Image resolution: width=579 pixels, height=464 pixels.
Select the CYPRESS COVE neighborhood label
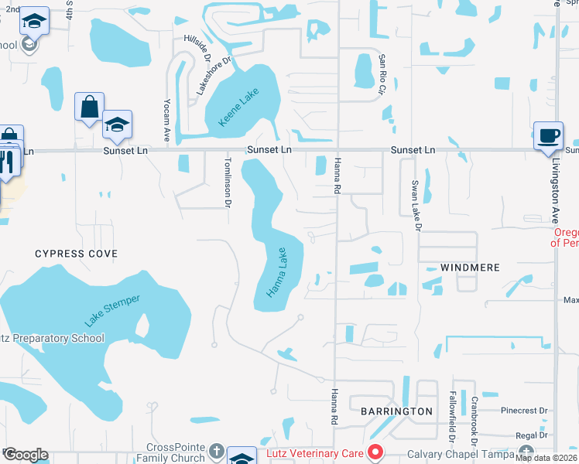(77, 254)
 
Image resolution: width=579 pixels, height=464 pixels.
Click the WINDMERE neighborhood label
(470, 268)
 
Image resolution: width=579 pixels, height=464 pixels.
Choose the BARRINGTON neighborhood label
(396, 411)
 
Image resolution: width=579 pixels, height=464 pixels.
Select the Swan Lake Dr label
(416, 206)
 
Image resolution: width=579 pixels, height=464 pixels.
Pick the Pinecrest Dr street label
(525, 411)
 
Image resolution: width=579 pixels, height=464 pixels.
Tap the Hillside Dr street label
(197, 48)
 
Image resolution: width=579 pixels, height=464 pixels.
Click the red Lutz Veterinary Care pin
(376, 452)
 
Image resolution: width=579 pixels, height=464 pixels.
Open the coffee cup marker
(549, 136)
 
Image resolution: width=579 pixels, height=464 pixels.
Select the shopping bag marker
(89, 107)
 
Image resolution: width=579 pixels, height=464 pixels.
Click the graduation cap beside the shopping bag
(117, 125)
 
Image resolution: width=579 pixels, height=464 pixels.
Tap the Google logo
(26, 455)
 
